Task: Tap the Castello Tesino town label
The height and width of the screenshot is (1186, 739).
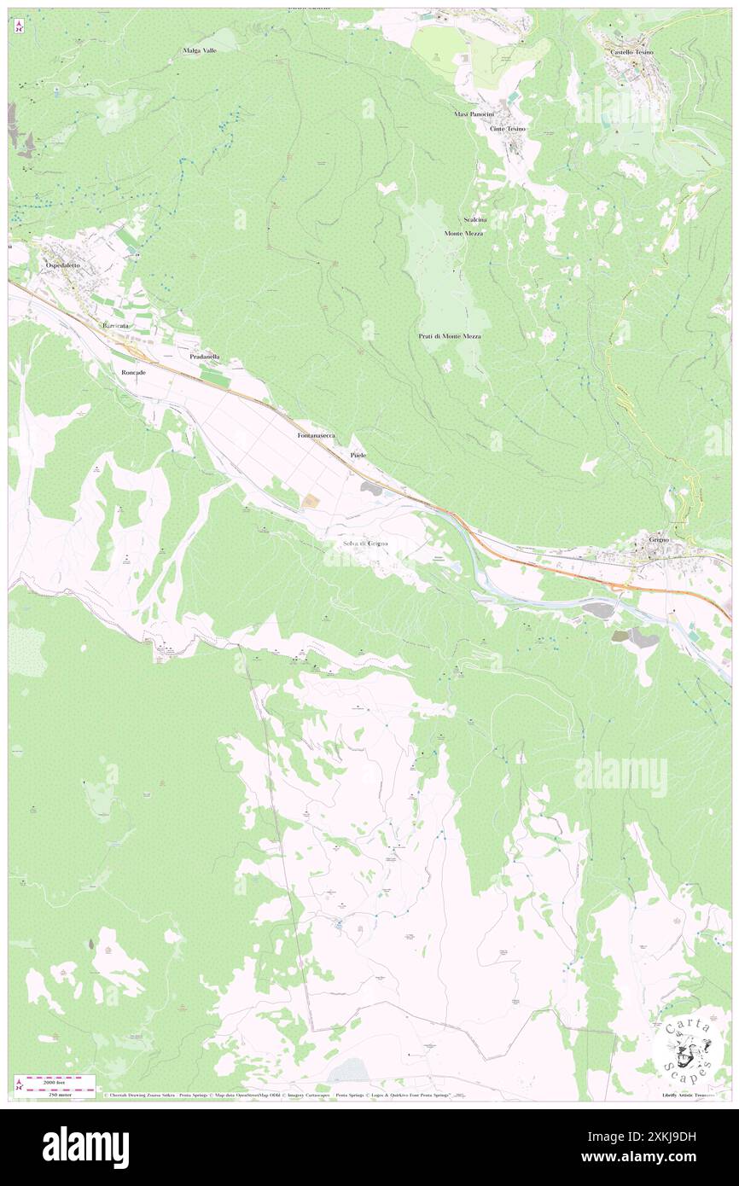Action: [631, 52]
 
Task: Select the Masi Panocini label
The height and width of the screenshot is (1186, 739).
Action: [474, 113]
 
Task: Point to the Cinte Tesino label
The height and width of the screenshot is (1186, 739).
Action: [508, 129]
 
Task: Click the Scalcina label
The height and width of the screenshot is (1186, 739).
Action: [475, 219]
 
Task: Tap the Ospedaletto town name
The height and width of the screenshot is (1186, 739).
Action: [63, 266]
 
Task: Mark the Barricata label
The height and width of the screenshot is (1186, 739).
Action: [115, 327]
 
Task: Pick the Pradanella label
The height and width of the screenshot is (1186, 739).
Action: [205, 356]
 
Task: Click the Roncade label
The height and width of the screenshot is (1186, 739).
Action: [134, 373]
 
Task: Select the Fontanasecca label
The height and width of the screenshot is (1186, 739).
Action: [316, 435]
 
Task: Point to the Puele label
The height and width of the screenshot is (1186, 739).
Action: [358, 456]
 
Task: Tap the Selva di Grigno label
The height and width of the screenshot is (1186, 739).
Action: [365, 544]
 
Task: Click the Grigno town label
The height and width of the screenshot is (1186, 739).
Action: [659, 540]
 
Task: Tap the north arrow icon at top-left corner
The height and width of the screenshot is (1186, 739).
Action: [19, 26]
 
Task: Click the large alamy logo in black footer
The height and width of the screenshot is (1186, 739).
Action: [85, 1147]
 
